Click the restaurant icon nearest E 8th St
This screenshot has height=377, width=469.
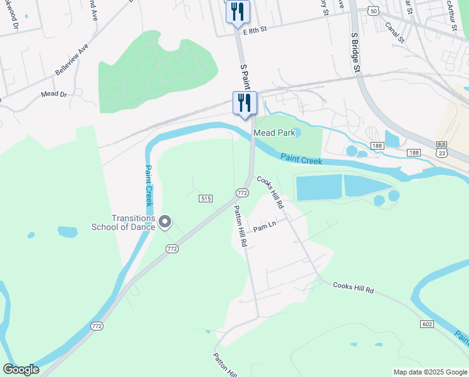click(238, 12)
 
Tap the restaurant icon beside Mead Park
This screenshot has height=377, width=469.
click(245, 103)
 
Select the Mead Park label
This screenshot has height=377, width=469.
click(273, 133)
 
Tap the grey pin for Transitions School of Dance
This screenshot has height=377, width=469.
click(165, 221)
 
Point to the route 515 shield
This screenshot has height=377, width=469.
click(205, 199)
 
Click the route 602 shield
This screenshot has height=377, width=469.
click(427, 324)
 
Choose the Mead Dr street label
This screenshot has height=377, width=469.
click(53, 94)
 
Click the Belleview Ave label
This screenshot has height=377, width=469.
click(71, 60)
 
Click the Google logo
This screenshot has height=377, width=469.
click(21, 369)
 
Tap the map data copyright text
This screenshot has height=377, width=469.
click(430, 372)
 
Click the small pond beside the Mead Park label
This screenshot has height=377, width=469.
click(297, 132)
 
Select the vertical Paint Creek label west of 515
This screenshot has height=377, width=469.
click(149, 186)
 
